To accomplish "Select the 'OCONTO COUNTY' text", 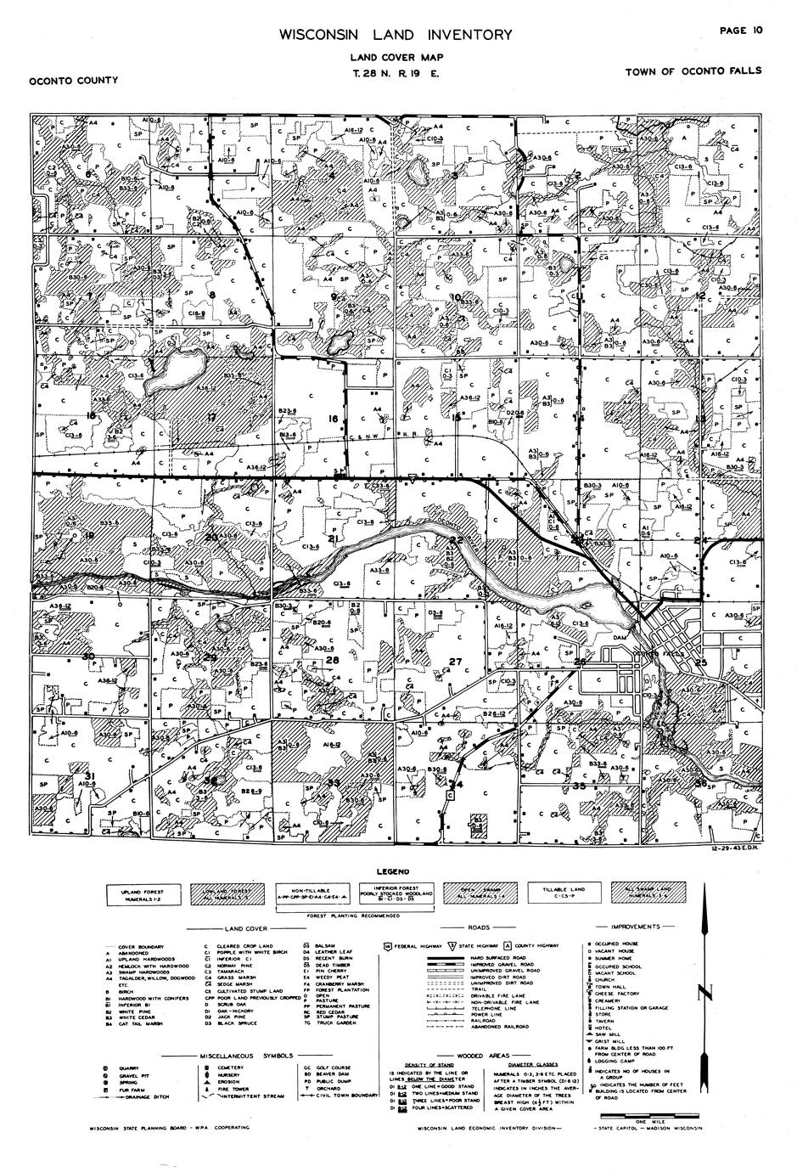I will click(73, 81).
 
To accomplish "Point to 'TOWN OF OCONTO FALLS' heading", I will click(693, 71).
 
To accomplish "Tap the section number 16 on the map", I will click(334, 420).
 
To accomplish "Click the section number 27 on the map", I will click(455, 662).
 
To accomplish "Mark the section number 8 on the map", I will click(212, 296).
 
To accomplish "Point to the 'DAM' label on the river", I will click(620, 636).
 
